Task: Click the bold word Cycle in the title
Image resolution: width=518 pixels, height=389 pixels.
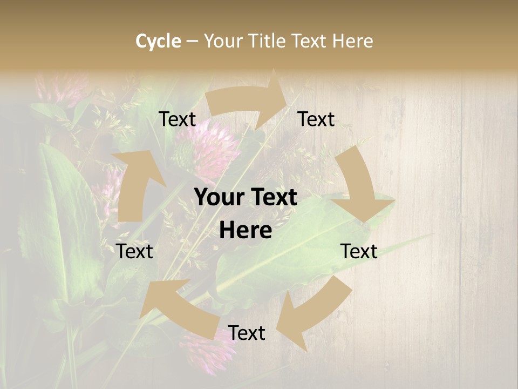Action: (x=158, y=41)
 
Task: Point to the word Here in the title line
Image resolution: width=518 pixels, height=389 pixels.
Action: (x=352, y=41)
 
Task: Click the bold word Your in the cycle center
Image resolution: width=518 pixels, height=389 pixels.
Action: (x=219, y=198)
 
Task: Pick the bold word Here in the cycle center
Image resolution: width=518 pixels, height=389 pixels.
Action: (x=246, y=231)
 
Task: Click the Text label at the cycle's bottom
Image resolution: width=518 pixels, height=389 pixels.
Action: (x=247, y=333)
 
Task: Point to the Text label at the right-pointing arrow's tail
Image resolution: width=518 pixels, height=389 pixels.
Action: (x=178, y=119)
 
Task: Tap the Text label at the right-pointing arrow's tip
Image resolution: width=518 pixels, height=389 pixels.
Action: (x=316, y=119)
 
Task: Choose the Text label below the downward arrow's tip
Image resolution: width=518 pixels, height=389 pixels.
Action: (x=359, y=251)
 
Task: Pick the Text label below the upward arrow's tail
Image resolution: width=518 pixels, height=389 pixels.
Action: (x=134, y=251)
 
